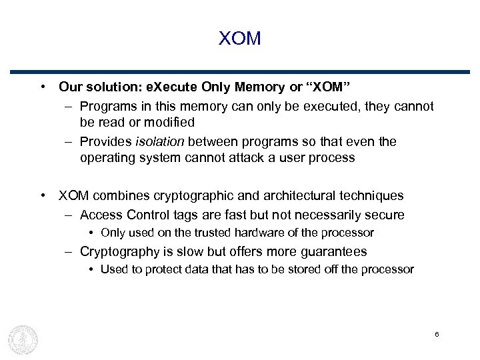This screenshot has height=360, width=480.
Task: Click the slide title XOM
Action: [x=239, y=39]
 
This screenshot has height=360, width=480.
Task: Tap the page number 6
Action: [x=436, y=334]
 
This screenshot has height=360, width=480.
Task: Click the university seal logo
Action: [x=23, y=339]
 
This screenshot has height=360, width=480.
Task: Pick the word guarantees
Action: [x=333, y=252]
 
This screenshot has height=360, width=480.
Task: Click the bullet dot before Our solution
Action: [x=43, y=87]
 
